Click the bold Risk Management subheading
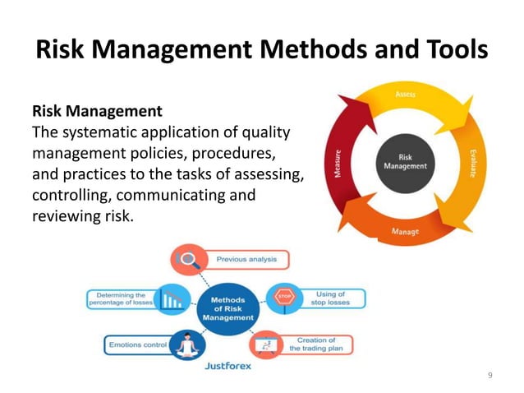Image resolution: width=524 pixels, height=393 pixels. pos(96,110)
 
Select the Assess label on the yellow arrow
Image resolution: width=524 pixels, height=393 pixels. pos(405,95)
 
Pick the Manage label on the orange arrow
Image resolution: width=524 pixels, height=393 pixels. pos(405,233)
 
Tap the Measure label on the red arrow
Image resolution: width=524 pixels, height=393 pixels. pos(338,164)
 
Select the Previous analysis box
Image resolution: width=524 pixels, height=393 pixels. pos(246,259)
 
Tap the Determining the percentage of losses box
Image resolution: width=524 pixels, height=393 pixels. pos(122,298)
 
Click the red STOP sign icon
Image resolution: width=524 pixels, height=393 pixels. pos(283,296)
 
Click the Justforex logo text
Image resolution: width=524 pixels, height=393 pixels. pos(228,367)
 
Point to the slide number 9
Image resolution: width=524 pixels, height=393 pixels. pos(490,375)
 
